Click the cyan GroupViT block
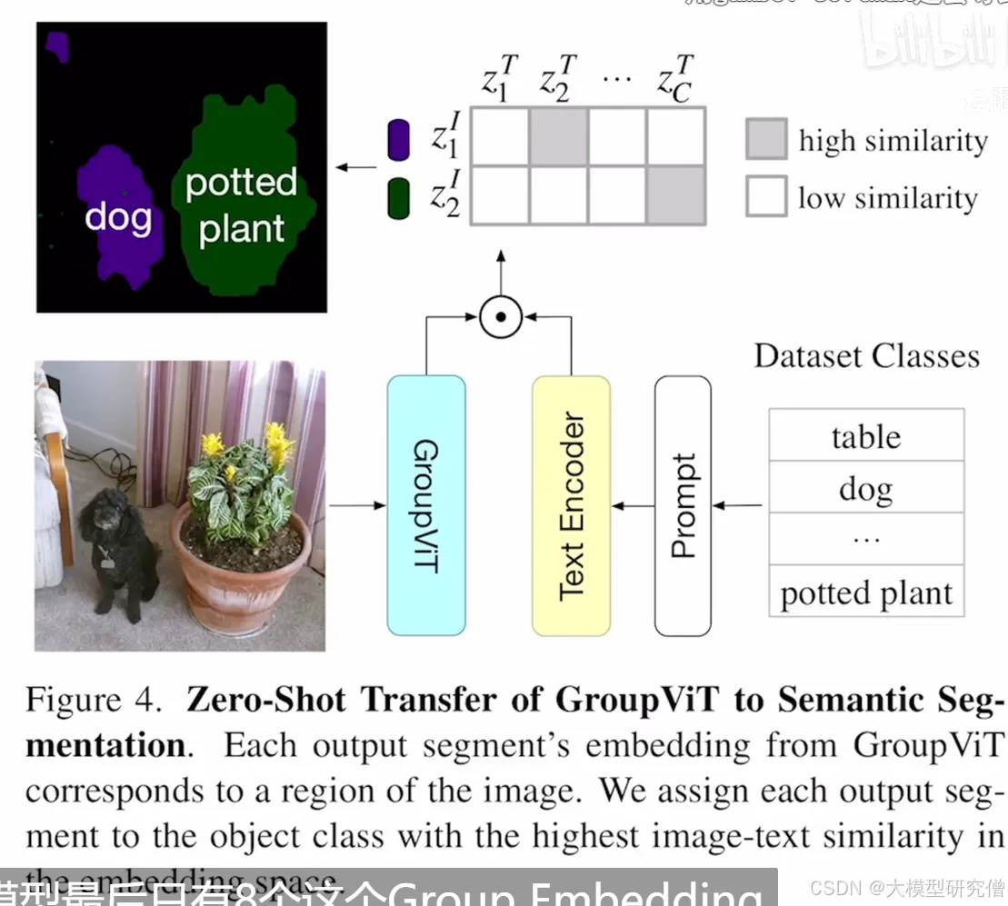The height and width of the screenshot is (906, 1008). click(x=426, y=505)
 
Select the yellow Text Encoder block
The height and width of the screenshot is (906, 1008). click(x=571, y=505)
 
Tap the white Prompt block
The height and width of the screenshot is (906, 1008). click(x=683, y=505)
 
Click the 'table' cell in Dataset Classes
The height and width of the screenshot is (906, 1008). click(x=866, y=436)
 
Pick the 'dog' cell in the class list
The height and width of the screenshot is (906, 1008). click(x=866, y=489)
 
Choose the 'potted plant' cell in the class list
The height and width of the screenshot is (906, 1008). click(x=866, y=593)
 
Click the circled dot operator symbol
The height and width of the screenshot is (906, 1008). click(x=500, y=318)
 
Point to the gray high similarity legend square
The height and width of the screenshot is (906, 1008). click(x=766, y=139)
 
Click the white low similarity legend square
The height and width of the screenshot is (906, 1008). click(x=766, y=196)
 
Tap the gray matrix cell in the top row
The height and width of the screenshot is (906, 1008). click(x=558, y=137)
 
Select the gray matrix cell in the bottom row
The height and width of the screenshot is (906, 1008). click(x=675, y=194)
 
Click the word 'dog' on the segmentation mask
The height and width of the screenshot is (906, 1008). click(x=118, y=218)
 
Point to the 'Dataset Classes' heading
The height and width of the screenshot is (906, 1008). click(x=866, y=355)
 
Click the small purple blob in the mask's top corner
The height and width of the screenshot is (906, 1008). click(x=57, y=45)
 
